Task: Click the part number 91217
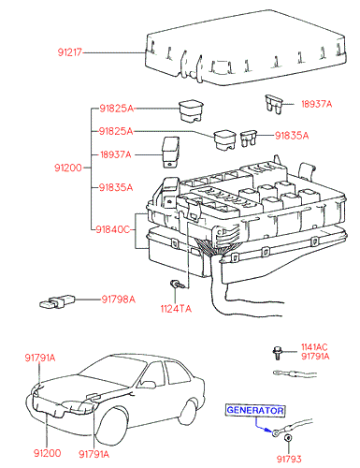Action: click(x=70, y=52)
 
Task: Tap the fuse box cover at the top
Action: click(x=246, y=49)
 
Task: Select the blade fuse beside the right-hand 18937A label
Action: click(x=273, y=104)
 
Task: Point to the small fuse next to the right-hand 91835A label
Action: click(x=249, y=139)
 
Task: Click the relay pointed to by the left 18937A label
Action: click(x=170, y=152)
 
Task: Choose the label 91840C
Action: click(x=112, y=229)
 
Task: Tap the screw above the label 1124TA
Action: click(x=176, y=285)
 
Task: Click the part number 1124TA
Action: click(x=176, y=309)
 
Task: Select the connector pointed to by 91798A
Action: click(x=57, y=301)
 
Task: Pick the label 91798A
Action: click(x=119, y=300)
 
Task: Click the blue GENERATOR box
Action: click(x=255, y=410)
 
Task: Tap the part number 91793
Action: click(x=289, y=460)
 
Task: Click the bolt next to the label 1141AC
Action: click(x=277, y=353)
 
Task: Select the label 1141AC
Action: click(x=314, y=347)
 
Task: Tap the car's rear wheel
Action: click(x=189, y=412)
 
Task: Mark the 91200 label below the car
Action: click(x=47, y=453)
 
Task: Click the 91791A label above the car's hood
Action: click(x=40, y=358)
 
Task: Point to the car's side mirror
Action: click(x=148, y=385)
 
